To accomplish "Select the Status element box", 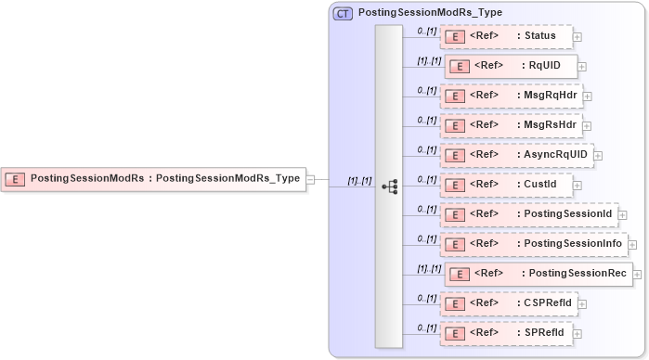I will point(506,36).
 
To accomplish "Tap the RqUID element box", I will point(511,66).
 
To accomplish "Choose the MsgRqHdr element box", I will point(511,96).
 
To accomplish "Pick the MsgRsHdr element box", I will point(511,125).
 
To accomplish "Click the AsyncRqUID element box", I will point(516,155).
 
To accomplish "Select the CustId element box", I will point(506,185).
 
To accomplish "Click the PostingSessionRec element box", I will point(539,274).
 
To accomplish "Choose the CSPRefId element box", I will point(509,302).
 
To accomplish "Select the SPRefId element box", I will point(506,332).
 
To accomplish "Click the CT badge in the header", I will point(343,12).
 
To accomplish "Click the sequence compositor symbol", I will point(389,185).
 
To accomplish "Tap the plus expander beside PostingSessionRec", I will point(638,275).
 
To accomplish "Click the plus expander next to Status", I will point(578,37).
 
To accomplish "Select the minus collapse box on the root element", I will point(311,179).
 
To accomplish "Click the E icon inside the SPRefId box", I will point(455,332).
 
